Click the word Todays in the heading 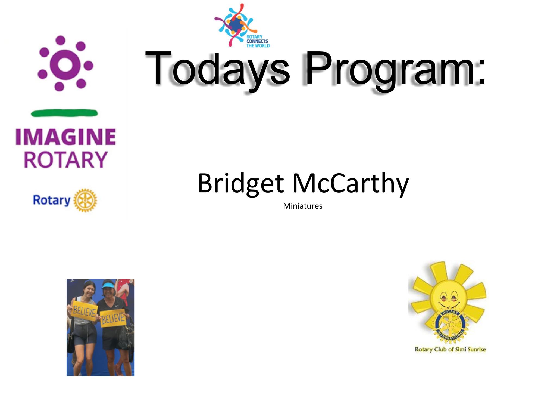pyautogui.click(x=218, y=69)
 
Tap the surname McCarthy pyautogui.click(x=351, y=183)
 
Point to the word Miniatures pyautogui.click(x=303, y=206)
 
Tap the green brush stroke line pyautogui.click(x=64, y=113)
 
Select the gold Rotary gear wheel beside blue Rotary pyautogui.click(x=85, y=200)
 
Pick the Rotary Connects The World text pyautogui.click(x=258, y=41)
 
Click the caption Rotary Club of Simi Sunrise pyautogui.click(x=450, y=350)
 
